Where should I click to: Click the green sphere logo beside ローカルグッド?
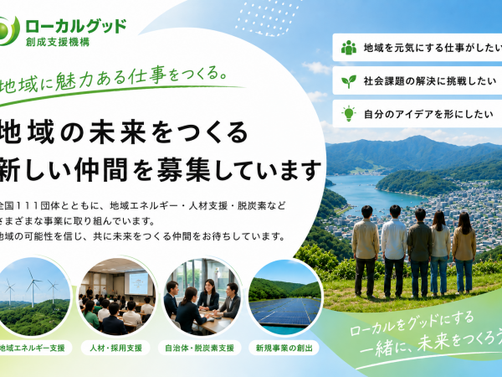pyautogui.click(x=7, y=31)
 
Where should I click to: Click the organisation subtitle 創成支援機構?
pyautogui.click(x=58, y=43)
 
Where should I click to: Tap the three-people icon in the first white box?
pyautogui.click(x=349, y=48)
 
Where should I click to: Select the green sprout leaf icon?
pyautogui.click(x=349, y=81)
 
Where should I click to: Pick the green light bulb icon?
pyautogui.click(x=349, y=114)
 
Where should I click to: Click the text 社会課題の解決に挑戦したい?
pyautogui.click(x=430, y=81)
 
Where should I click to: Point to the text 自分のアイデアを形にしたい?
pyautogui.click(x=428, y=114)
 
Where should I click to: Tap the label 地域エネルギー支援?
pyautogui.click(x=33, y=348)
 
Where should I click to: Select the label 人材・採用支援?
pyautogui.click(x=115, y=348)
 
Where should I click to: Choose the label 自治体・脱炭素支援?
pyautogui.click(x=199, y=348)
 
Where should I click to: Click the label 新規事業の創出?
pyautogui.click(x=284, y=348)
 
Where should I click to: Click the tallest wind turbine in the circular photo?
pyautogui.click(x=33, y=287)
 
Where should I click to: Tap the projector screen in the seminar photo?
pyautogui.click(x=138, y=283)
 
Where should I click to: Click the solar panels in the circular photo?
pyautogui.click(x=284, y=311)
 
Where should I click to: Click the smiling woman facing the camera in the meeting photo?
pyautogui.click(x=208, y=295)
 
